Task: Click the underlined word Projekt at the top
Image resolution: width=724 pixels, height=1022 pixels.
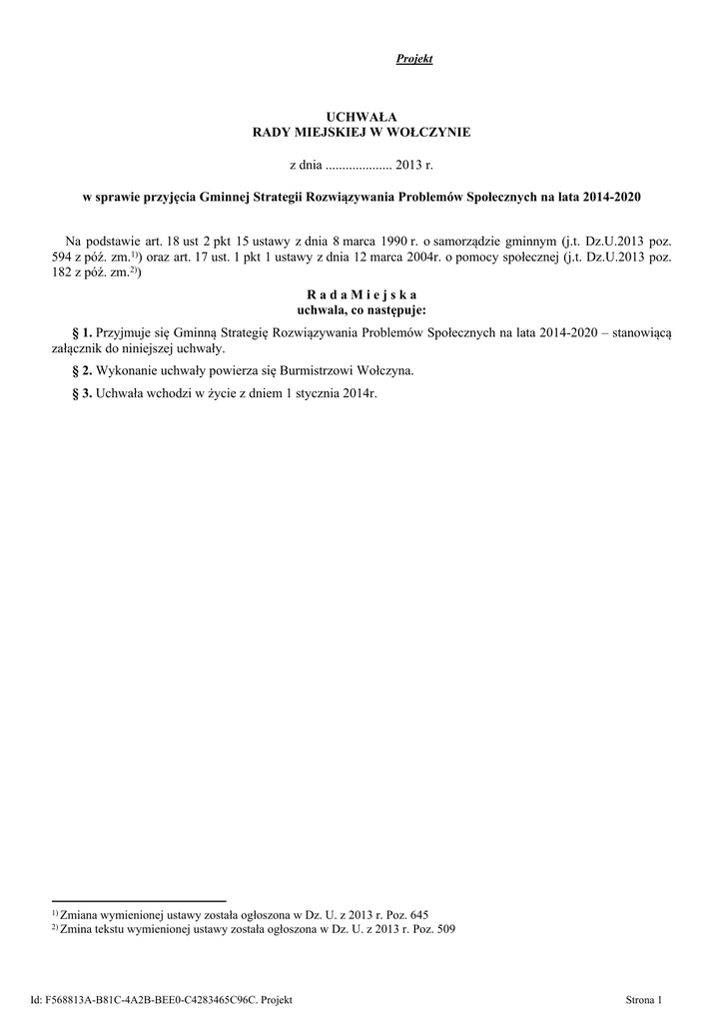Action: tap(414, 59)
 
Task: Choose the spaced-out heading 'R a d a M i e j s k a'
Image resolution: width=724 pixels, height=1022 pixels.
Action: tap(362, 295)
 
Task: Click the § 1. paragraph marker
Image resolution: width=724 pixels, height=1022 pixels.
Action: tap(83, 331)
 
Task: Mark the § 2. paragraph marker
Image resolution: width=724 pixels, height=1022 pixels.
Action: tap(83, 370)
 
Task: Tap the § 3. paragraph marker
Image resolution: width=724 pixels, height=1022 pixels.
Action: tap(83, 392)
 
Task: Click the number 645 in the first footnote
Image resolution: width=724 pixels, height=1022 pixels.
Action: tap(419, 913)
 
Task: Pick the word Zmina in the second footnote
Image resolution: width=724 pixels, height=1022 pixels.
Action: tap(74, 927)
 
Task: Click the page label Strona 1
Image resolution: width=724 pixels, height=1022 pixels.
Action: tap(643, 999)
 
